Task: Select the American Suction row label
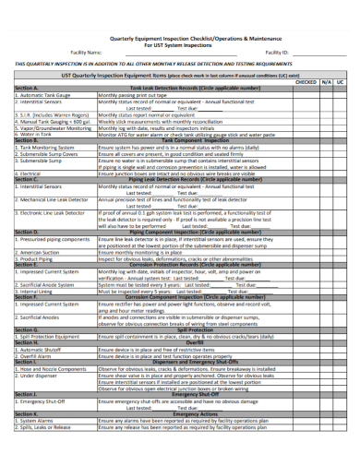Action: (x=38, y=251)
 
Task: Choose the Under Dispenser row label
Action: (x=36, y=375)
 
